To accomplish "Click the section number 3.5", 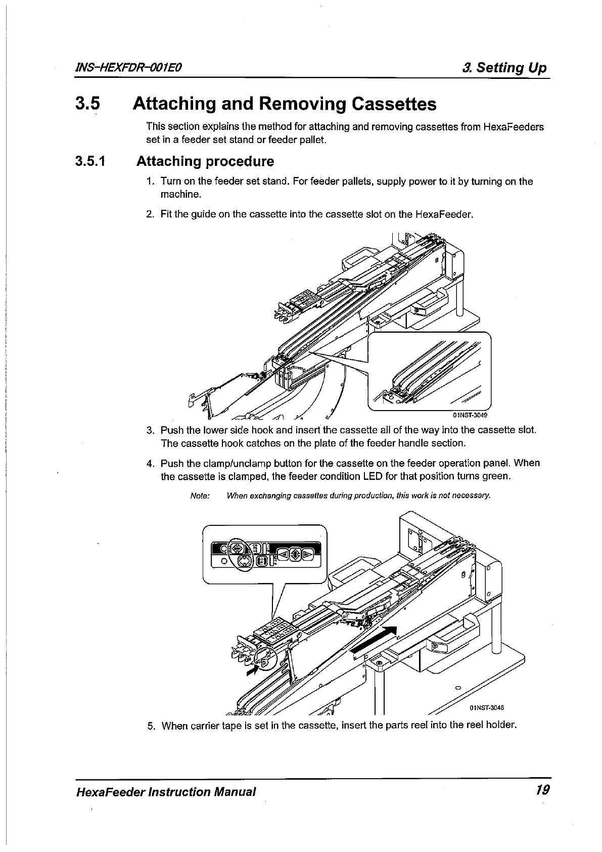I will (88, 104).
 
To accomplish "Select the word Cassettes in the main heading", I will (393, 104).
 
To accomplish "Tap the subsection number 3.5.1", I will (90, 162).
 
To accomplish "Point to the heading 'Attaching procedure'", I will (205, 162).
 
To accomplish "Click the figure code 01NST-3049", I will (470, 416).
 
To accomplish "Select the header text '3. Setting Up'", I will (504, 68).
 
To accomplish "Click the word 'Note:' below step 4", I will (200, 496).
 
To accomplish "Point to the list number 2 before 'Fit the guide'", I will (150, 214).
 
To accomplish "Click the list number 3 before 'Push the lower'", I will (150, 431).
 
